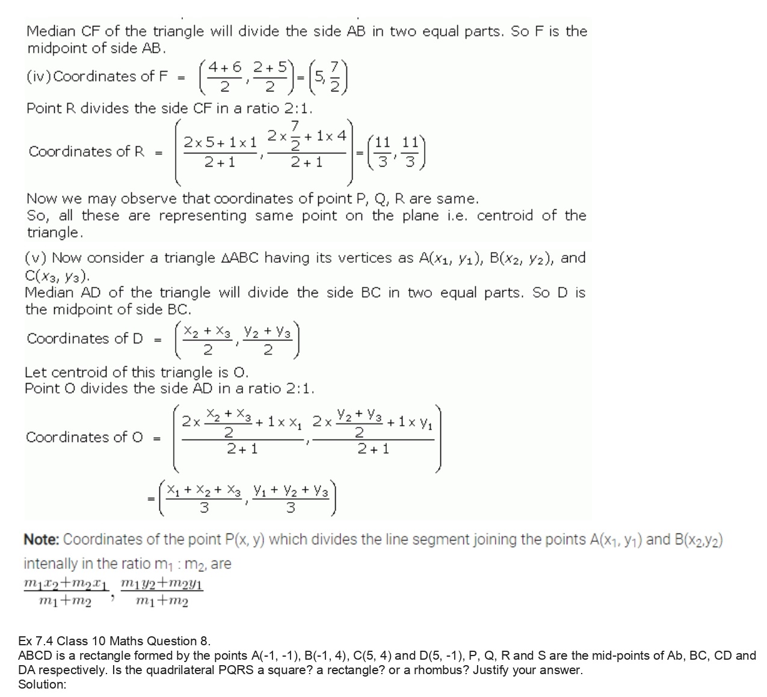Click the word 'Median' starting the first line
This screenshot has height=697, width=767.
pyautogui.click(x=50, y=31)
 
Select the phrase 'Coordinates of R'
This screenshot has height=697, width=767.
pyautogui.click(x=86, y=151)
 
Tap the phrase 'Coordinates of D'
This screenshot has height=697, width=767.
pyautogui.click(x=85, y=338)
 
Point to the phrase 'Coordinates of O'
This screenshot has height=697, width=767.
pyautogui.click(x=84, y=437)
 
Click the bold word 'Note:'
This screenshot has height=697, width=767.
pyautogui.click(x=41, y=539)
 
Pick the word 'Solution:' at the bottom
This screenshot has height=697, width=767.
pyautogui.click(x=42, y=684)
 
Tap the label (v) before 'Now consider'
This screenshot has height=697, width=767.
pyautogui.click(x=36, y=259)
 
